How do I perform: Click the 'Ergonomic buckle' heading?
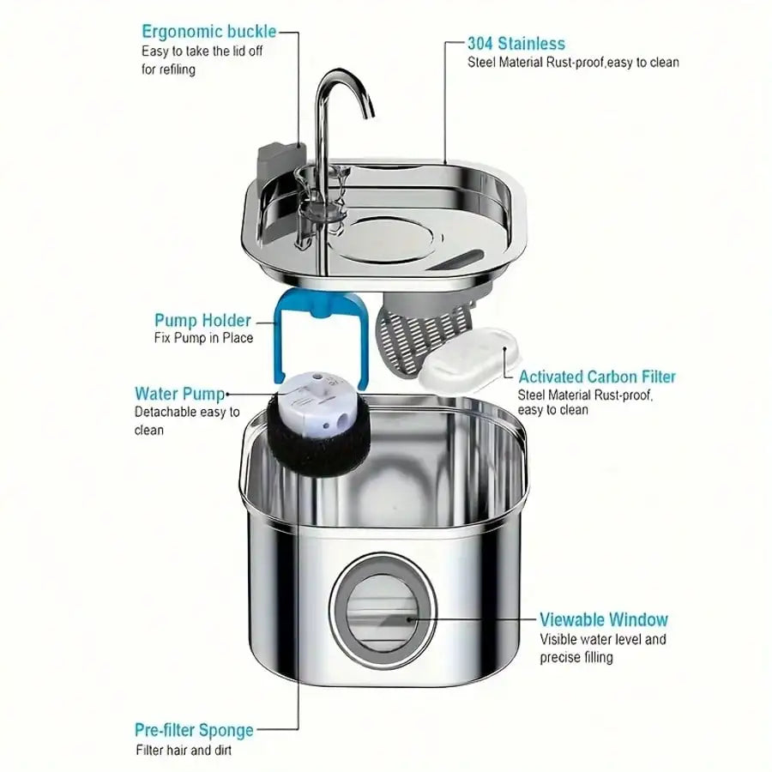tap(208, 32)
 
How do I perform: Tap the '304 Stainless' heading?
tap(516, 43)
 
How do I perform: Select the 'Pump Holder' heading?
tap(202, 321)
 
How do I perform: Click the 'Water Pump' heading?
tap(179, 394)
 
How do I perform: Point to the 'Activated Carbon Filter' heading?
tap(597, 377)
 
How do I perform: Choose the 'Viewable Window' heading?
tap(604, 619)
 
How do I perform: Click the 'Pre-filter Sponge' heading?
tap(194, 731)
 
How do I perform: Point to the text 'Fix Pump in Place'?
tap(203, 338)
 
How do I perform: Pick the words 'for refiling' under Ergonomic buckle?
tap(168, 69)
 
